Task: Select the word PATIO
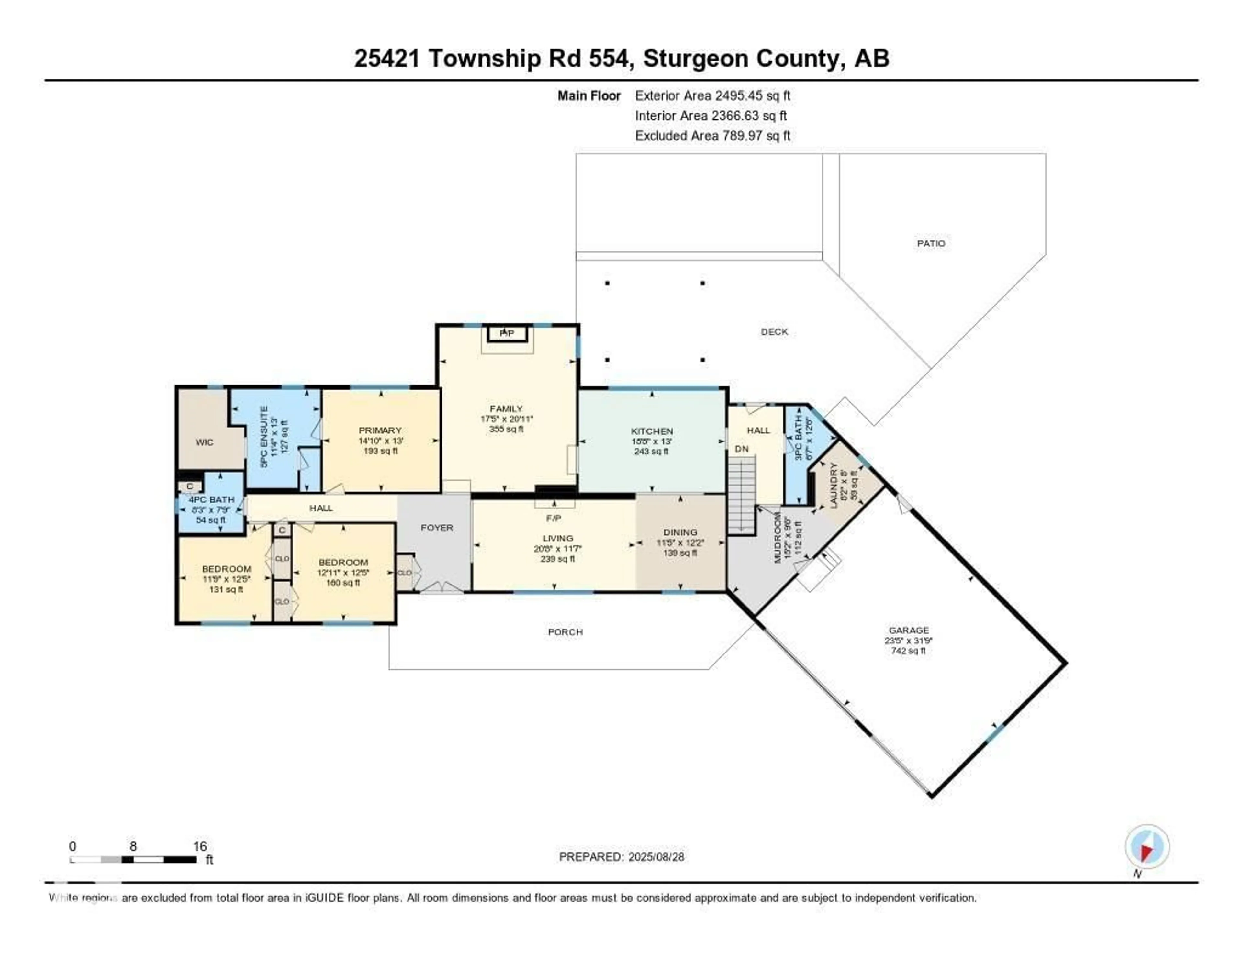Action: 931,243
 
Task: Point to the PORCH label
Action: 565,632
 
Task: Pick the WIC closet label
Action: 204,442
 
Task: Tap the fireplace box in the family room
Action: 507,333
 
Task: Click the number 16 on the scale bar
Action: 200,846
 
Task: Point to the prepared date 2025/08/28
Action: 656,856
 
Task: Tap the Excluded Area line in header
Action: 712,135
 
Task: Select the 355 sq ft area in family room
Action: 506,429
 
